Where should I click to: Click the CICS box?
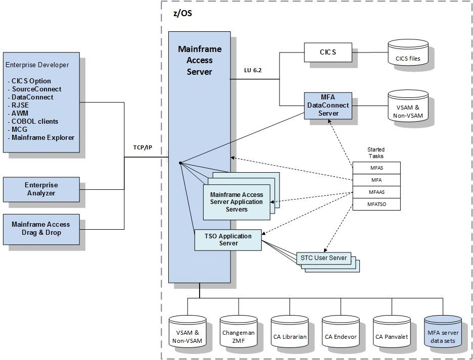[x=327, y=52]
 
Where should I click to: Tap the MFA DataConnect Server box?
[x=328, y=106]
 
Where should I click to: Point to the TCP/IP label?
[x=143, y=147]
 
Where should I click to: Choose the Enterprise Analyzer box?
[x=41, y=189]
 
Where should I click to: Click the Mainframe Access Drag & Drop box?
[x=41, y=229]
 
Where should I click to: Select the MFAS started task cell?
[x=376, y=168]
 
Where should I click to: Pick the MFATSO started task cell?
[x=376, y=204]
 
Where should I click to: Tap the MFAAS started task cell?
[x=376, y=192]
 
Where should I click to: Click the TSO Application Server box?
[x=228, y=240]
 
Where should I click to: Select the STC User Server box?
[x=323, y=258]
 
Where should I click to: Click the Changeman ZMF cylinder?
[x=239, y=334]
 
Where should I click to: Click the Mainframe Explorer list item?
[x=43, y=137]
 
